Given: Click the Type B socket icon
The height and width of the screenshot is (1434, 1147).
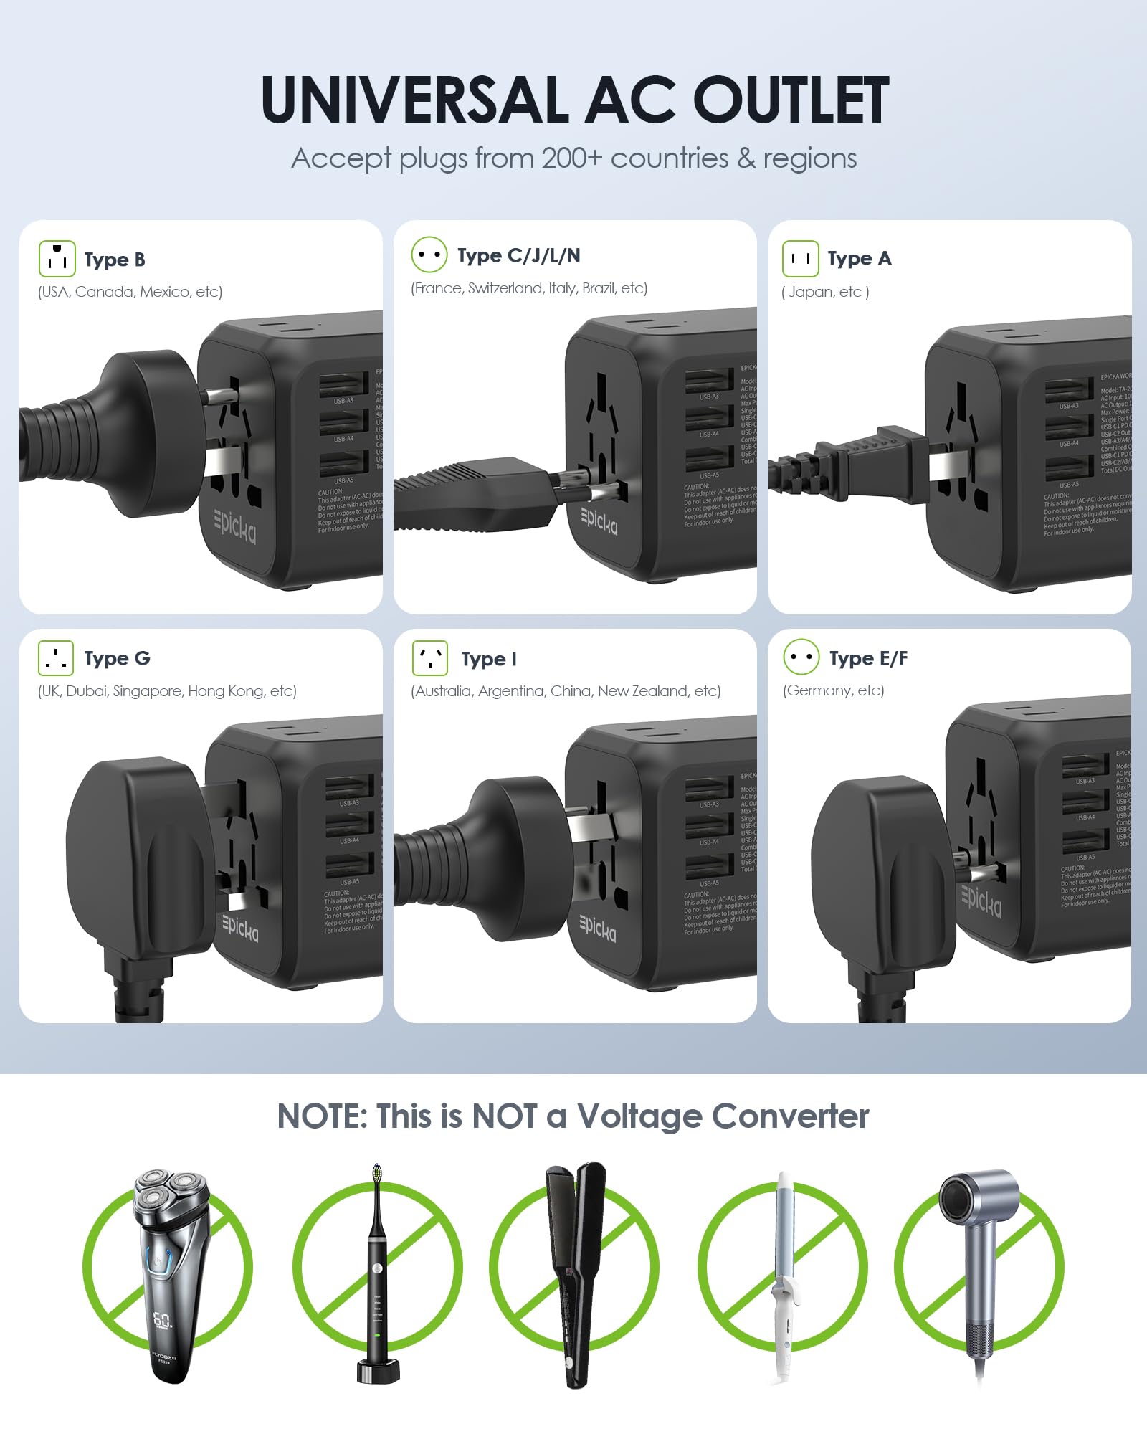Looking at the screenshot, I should pyautogui.click(x=57, y=259).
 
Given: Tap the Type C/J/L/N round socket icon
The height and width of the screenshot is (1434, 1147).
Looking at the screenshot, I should pyautogui.click(x=429, y=255).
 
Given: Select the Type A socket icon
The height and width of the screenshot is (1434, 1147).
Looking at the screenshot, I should pyautogui.click(x=800, y=259).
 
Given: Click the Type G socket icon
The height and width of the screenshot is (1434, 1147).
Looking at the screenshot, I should pyautogui.click(x=56, y=658).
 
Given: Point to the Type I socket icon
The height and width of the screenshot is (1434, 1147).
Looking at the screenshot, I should pyautogui.click(x=429, y=658).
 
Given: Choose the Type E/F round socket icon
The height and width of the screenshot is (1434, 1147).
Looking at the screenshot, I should pyautogui.click(x=801, y=657).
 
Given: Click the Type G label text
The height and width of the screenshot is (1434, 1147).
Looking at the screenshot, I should pyautogui.click(x=117, y=658).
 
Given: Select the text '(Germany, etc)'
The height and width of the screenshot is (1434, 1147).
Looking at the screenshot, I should pyautogui.click(x=833, y=690).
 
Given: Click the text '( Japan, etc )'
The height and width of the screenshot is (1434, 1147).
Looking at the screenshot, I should pyautogui.click(x=825, y=292).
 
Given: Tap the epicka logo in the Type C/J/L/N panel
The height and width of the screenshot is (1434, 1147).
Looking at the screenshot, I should pyautogui.click(x=599, y=521).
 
